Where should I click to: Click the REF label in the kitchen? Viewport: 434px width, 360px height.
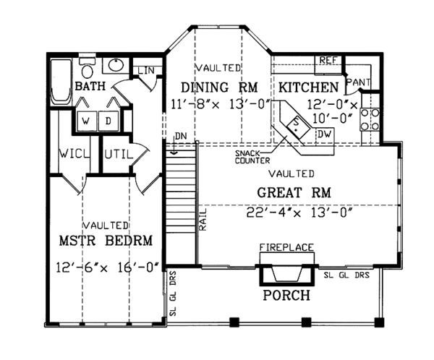[x=328, y=60]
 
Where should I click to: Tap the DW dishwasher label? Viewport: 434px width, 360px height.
[x=324, y=134]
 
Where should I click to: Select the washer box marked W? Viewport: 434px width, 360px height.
[x=86, y=121]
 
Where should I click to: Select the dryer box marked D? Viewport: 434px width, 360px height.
[x=109, y=121]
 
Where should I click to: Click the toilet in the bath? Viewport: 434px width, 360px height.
[x=88, y=68]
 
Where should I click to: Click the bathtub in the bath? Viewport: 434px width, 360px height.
[x=61, y=82]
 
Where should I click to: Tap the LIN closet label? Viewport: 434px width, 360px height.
[x=146, y=71]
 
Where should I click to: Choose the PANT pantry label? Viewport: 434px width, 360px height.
[x=359, y=82]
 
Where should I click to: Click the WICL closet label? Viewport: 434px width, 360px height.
[x=75, y=153]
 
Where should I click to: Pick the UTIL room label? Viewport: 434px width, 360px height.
[x=119, y=154]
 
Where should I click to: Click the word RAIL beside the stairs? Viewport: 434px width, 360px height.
[x=203, y=220]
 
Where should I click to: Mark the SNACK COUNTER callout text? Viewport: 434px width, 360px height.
[x=252, y=157]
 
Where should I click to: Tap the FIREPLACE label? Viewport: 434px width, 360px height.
[x=286, y=247]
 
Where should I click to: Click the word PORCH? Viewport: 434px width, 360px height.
[x=286, y=295]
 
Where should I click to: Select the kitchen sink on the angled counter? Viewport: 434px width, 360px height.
[x=298, y=127]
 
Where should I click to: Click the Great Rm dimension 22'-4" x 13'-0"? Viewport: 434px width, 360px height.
[x=299, y=213]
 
